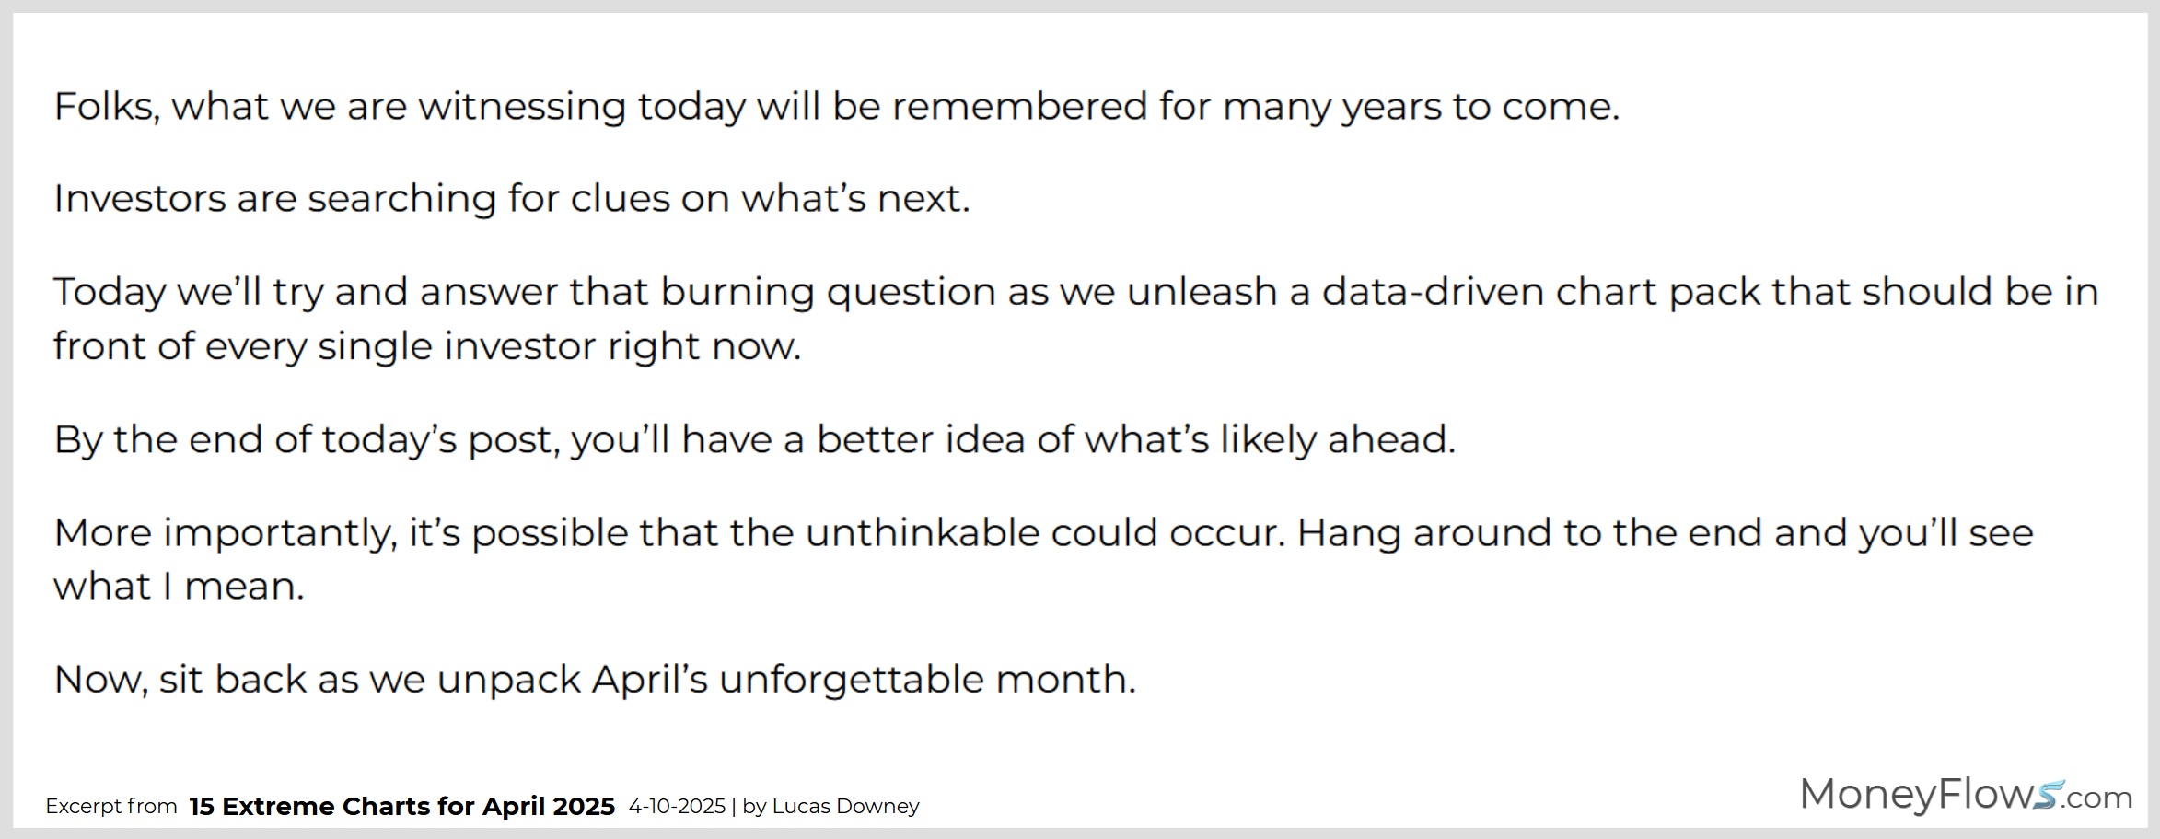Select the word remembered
[1019, 106]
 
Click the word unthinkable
[922, 532]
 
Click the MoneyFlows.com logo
[1966, 795]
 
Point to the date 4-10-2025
[677, 806]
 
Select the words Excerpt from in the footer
[111, 807]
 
